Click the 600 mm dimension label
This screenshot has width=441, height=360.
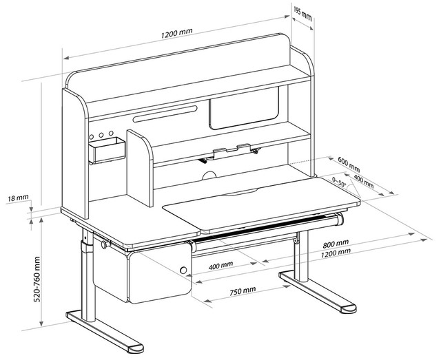[x=349, y=165]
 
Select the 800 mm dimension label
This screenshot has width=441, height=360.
[x=335, y=244]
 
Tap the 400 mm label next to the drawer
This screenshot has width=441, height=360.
[x=220, y=264]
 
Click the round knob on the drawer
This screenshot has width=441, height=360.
[x=184, y=271]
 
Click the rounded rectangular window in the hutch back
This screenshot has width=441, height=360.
[x=245, y=113]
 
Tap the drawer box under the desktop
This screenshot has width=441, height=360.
[x=159, y=275]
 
